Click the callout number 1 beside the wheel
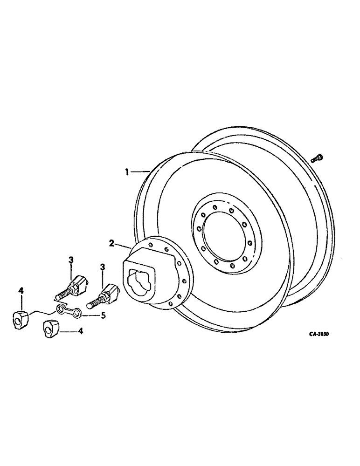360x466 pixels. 126,172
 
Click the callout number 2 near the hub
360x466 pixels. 112,242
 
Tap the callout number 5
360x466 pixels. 104,315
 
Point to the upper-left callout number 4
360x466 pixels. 21,291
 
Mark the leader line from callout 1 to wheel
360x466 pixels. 139,172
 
